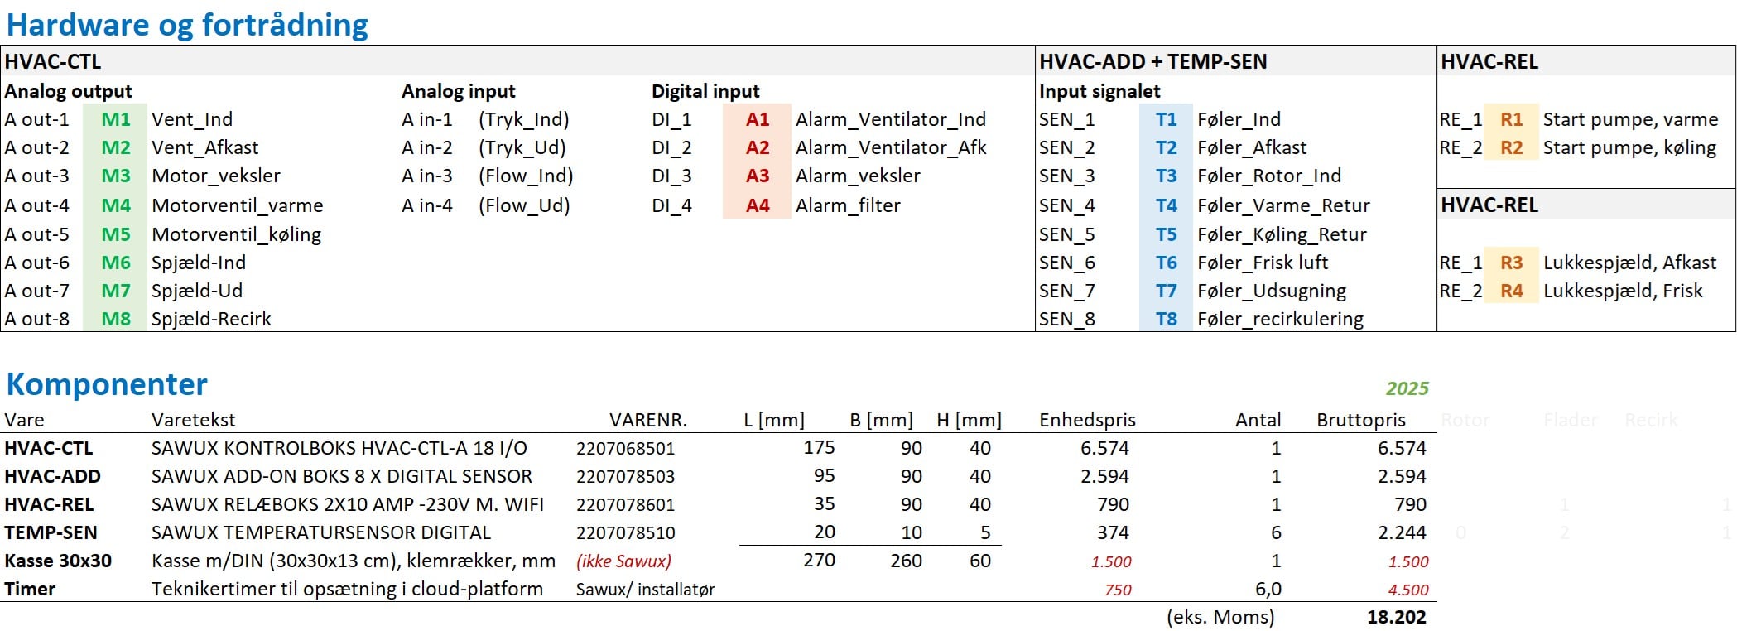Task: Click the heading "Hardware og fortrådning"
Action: click(x=187, y=25)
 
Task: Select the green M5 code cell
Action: click(x=116, y=234)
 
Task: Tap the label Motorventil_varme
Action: click(x=237, y=205)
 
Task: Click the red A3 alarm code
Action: click(x=757, y=176)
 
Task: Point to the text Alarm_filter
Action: click(x=848, y=205)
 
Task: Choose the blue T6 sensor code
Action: click(x=1166, y=263)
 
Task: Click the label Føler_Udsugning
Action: click(x=1271, y=291)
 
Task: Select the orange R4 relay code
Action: click(x=1511, y=291)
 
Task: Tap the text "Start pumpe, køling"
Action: click(x=1629, y=147)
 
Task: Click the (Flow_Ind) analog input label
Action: click(x=526, y=176)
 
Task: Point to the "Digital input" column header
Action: click(x=705, y=91)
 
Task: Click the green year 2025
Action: click(x=1407, y=388)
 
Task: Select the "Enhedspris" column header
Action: click(x=1087, y=420)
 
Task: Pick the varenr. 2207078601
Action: click(x=625, y=504)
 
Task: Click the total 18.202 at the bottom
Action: click(x=1396, y=617)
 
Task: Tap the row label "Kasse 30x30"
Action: click(x=58, y=561)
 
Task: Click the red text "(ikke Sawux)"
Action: click(x=623, y=561)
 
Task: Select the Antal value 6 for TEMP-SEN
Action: click(x=1275, y=532)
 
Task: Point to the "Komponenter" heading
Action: click(x=107, y=384)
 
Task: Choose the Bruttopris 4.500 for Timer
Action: click(x=1408, y=590)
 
